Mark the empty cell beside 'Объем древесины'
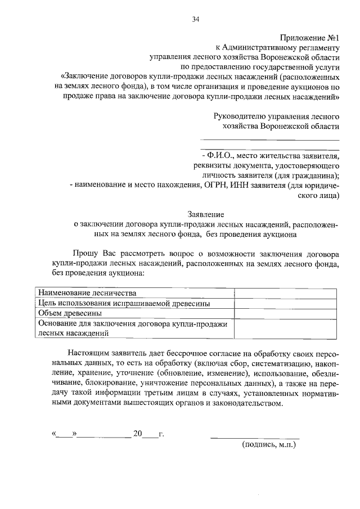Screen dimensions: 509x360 pyautogui.click(x=285, y=313)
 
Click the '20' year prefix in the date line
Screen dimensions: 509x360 pyautogui.click(x=138, y=434)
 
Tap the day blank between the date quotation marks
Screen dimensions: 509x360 pyautogui.click(x=65, y=434)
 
